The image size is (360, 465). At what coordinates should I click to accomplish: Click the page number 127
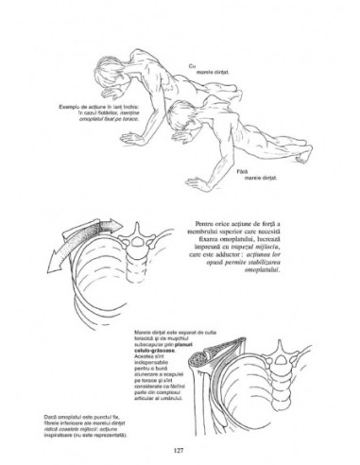pyautogui.click(x=180, y=448)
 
